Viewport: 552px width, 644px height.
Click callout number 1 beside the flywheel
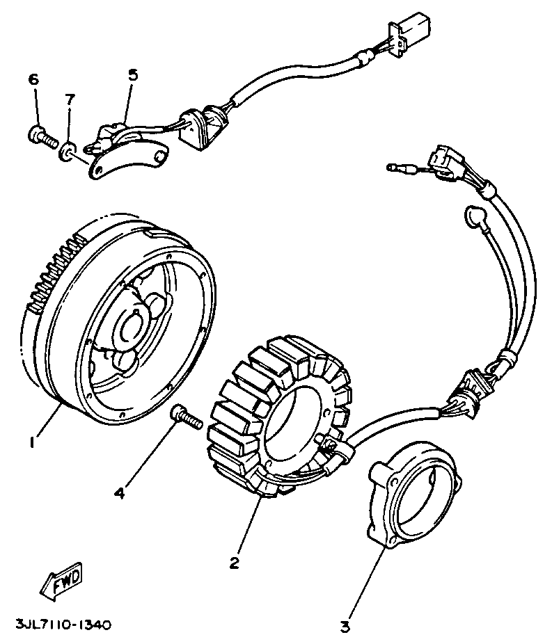(30, 442)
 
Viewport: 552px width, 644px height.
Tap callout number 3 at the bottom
(345, 626)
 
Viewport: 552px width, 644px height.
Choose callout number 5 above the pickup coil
(133, 75)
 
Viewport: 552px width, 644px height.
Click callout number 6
(33, 79)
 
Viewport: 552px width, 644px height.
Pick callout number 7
(70, 100)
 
